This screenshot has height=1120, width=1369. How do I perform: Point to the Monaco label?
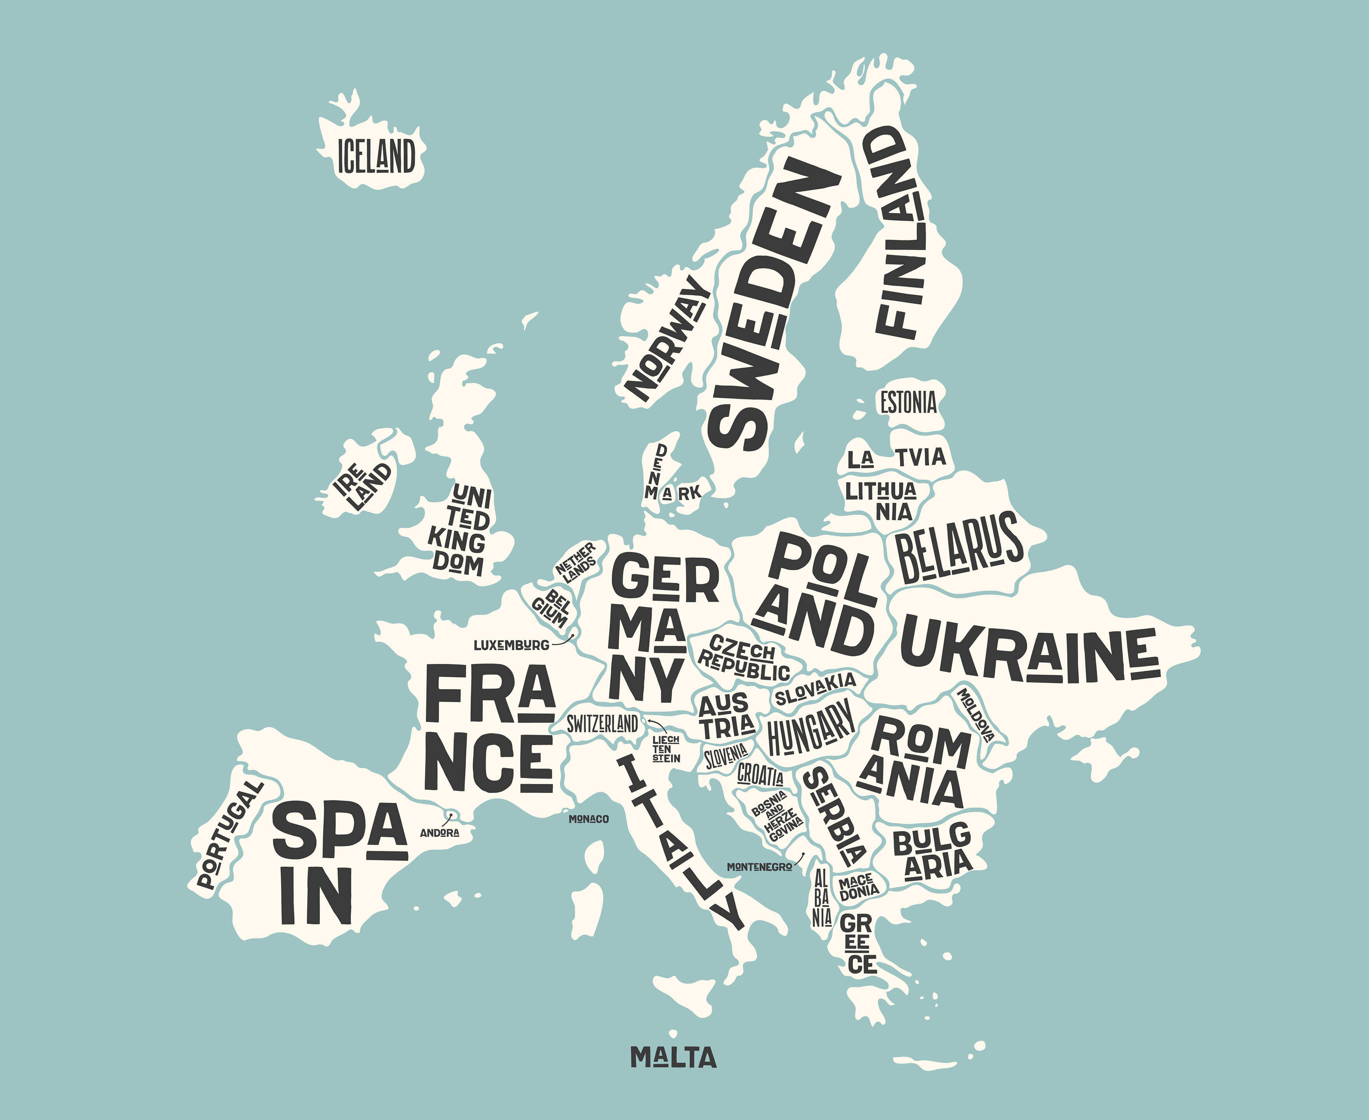[x=588, y=819]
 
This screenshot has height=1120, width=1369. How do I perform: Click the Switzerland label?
[x=602, y=724]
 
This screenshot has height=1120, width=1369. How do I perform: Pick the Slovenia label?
[x=726, y=756]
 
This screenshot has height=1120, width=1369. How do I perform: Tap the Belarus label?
[x=958, y=547]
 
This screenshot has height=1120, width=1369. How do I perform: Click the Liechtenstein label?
[x=666, y=748]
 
